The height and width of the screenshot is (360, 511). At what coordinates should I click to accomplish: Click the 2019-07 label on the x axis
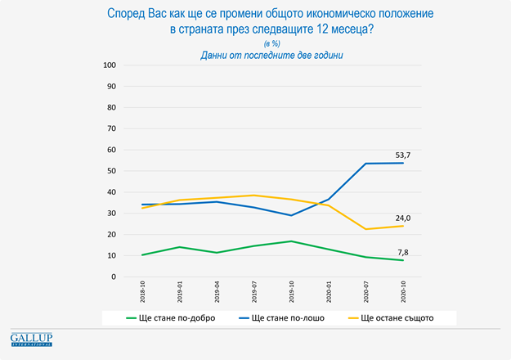coord(255,295)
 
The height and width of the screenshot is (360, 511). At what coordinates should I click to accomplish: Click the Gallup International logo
coord(31,339)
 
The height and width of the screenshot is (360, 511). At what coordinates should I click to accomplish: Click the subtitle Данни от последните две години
coord(271,55)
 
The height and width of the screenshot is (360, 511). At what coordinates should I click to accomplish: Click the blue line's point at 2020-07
coord(365,164)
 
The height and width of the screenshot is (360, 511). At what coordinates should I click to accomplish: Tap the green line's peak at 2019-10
coord(292,241)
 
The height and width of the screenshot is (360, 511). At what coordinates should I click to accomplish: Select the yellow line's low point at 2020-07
coord(365,229)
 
